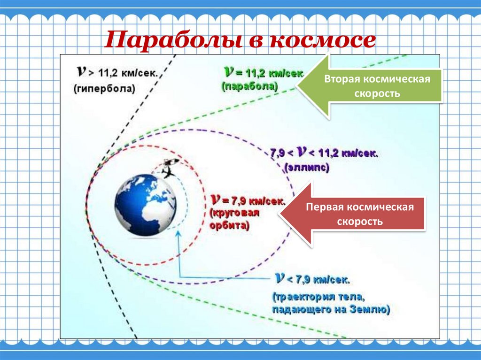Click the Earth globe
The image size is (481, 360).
146,205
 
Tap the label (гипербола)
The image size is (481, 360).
104,88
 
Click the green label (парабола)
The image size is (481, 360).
250,86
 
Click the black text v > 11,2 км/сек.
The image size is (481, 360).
120,73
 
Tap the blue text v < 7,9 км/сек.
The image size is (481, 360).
312,280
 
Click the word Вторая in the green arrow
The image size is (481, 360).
340,78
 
